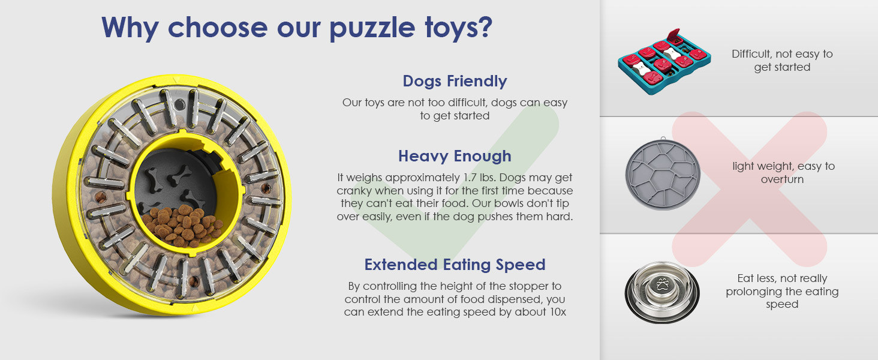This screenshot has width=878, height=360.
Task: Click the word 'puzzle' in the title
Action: pyautogui.click(x=372, y=28)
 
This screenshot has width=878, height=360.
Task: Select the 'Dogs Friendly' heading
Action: pyautogui.click(x=455, y=81)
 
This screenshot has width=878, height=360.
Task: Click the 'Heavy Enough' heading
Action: pyautogui.click(x=455, y=156)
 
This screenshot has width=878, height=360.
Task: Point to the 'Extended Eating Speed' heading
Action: pyautogui.click(x=455, y=265)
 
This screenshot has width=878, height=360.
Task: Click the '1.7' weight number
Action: pyautogui.click(x=470, y=178)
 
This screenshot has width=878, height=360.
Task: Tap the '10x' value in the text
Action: pyautogui.click(x=558, y=312)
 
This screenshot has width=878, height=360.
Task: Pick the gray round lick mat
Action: pyautogui.click(x=663, y=174)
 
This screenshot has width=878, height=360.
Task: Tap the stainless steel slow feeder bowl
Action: pyautogui.click(x=662, y=292)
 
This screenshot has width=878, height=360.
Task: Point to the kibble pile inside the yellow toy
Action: pyautogui.click(x=183, y=226)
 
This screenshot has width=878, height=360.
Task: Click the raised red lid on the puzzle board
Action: pyautogui.click(x=673, y=35)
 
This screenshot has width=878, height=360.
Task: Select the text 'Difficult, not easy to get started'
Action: pyautogui.click(x=782, y=61)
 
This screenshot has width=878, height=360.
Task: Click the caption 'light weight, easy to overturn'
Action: pyautogui.click(x=783, y=173)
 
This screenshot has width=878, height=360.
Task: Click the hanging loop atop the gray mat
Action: pyautogui.click(x=663, y=139)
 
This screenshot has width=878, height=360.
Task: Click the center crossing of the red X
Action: pyautogui.click(x=750, y=190)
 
